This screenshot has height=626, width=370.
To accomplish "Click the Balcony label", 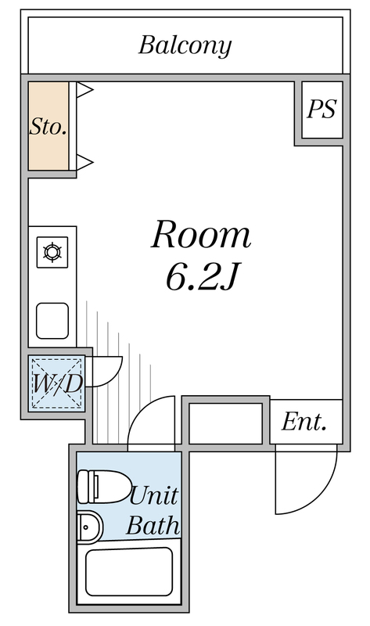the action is tap(185, 46).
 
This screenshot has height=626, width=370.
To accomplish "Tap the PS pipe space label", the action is tap(322, 109).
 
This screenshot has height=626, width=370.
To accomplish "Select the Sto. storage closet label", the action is tap(48, 127).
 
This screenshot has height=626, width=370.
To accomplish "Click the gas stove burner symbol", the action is tap(52, 252).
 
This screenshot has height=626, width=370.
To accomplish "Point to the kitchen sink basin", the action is tap(52, 321).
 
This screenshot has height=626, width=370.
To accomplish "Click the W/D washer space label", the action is tap(57, 383).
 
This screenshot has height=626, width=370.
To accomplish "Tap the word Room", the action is tap(201, 235).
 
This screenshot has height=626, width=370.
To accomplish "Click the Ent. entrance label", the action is tap(304, 422).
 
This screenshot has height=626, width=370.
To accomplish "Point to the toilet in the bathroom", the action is tap(104, 487).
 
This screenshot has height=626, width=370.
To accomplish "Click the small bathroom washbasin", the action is tap(89, 527).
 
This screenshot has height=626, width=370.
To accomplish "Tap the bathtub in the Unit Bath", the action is tap(129, 572).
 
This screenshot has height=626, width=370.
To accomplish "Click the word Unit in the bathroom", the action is tap(154, 496).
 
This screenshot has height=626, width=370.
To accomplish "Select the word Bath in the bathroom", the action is tap(153, 525).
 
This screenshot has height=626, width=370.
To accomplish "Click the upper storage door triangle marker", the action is tap(84, 90).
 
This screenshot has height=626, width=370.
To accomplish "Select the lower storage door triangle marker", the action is tap(84, 162).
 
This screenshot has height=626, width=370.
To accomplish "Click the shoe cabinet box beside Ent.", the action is tap(225, 423).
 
